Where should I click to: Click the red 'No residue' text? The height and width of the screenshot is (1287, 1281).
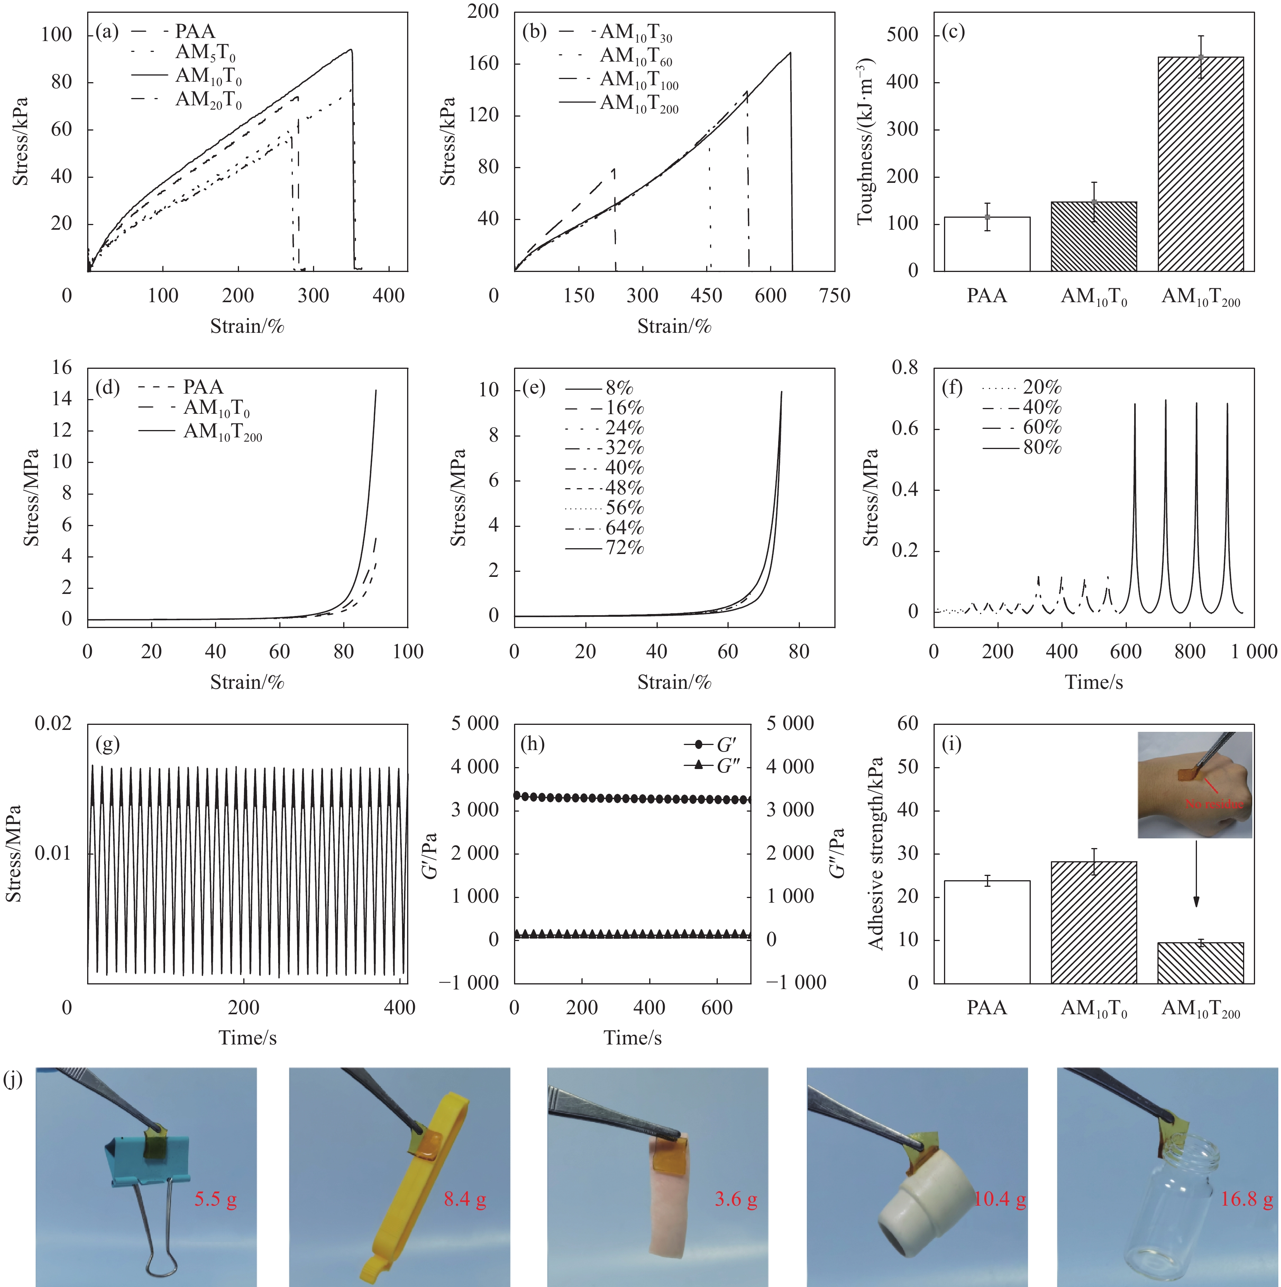coord(1214,804)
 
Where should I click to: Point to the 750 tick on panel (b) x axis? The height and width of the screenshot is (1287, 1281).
coord(835,296)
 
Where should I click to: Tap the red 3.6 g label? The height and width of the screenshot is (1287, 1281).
coord(736,1200)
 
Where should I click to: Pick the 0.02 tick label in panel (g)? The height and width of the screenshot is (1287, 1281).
coord(53,723)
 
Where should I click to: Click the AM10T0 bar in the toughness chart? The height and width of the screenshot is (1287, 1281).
coord(1093,236)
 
